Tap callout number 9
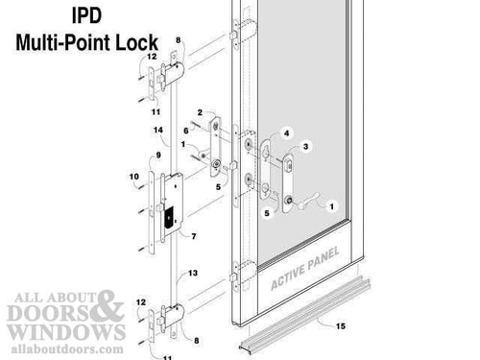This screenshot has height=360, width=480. (156, 155)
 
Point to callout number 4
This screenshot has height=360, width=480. (285, 132)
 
